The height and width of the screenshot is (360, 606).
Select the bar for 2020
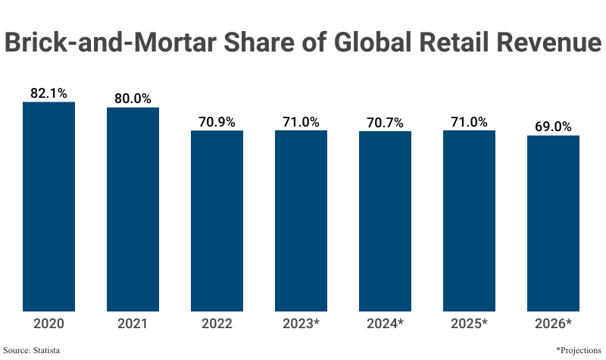48,206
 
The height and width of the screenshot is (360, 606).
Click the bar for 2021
133,209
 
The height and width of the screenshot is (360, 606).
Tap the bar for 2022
217,221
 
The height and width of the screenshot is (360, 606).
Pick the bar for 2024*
385,221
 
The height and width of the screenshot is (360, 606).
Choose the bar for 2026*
553,223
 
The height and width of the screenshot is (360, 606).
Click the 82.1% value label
48,93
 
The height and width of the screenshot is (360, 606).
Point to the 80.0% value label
133,99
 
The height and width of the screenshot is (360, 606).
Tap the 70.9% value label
217,121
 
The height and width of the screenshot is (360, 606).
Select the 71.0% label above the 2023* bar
301,121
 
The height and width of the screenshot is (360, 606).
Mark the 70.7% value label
385,122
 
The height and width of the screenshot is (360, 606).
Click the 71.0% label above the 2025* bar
469,121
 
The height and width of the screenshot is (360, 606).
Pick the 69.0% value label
553,127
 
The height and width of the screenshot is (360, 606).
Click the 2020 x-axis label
48,324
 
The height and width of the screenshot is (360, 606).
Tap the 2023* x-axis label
301,324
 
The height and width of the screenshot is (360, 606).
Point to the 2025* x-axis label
469,324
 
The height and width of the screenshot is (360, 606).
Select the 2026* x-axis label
553,324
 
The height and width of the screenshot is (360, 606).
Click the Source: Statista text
32,350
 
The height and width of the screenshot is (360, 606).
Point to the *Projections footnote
578,350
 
